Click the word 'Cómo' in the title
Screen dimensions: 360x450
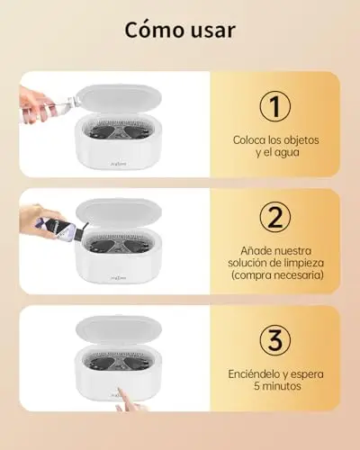151,30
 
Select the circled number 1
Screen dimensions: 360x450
275,107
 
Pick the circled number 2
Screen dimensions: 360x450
275,217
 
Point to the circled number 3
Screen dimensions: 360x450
275,340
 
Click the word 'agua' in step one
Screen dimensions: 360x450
286,153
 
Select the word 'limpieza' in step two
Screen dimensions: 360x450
303,263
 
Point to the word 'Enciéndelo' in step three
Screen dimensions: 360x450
254,374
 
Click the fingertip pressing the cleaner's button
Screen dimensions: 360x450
119,391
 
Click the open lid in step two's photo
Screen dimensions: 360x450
118,213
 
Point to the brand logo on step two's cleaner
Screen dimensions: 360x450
119,278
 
